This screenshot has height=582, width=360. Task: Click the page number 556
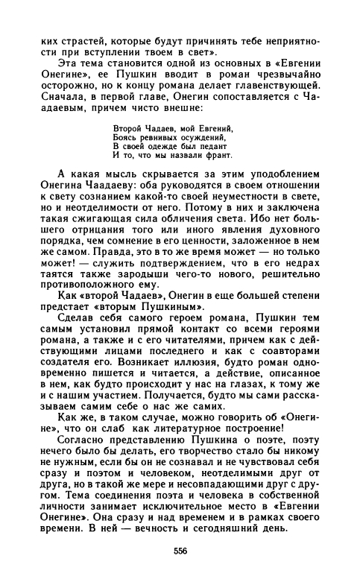[180, 551]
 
